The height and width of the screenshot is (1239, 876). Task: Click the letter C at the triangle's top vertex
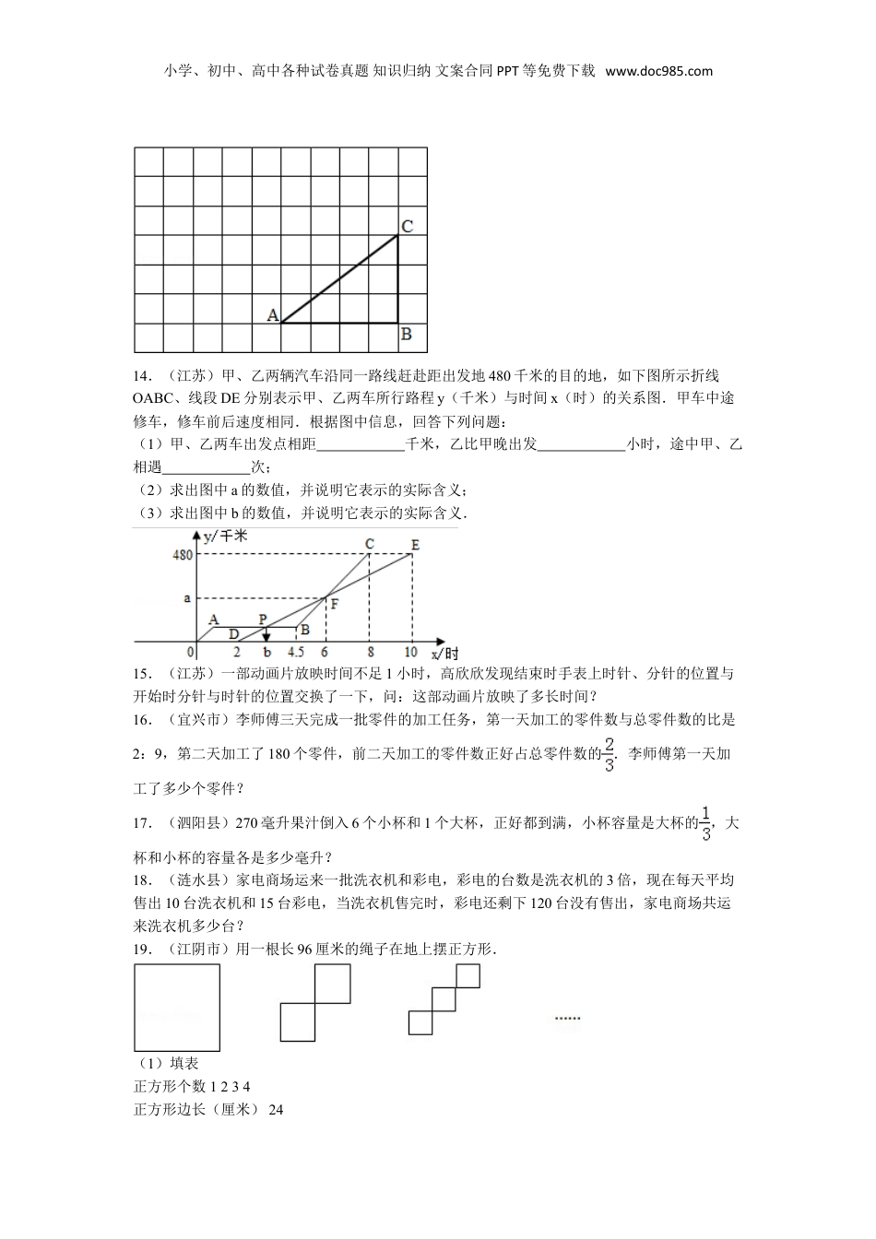click(407, 226)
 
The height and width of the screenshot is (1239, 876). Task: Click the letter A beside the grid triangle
click(273, 315)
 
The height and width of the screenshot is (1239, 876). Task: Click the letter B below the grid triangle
click(407, 335)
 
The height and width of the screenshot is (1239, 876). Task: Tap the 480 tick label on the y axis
click(183, 554)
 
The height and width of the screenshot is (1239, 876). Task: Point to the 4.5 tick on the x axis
click(297, 655)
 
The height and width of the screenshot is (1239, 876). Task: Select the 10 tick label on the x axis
click(410, 655)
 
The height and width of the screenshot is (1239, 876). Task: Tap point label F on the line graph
click(334, 605)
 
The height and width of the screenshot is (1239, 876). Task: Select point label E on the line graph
click(415, 545)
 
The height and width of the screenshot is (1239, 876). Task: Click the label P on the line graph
click(263, 619)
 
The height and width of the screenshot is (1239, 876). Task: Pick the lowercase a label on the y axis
click(187, 598)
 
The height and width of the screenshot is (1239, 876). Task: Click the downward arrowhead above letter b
click(266, 637)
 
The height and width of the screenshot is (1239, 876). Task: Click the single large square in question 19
click(177, 1007)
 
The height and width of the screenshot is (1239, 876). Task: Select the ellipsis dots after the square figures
click(567, 1018)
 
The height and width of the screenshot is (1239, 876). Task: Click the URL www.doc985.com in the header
click(659, 71)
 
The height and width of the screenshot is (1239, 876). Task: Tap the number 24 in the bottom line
click(276, 1110)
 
